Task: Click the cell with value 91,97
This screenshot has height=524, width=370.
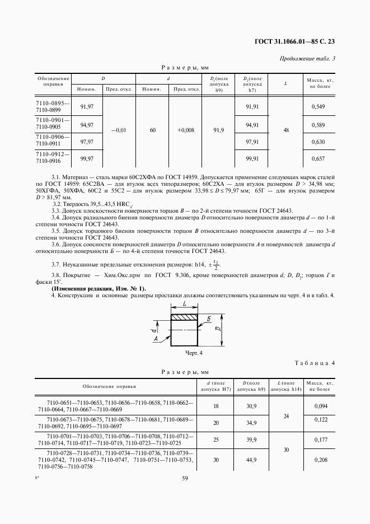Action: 87,106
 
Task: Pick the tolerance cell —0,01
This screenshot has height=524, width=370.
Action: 119,130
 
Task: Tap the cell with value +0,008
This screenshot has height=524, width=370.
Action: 186,130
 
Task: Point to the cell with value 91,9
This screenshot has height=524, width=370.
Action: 219,130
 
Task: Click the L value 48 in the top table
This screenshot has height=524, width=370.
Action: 286,130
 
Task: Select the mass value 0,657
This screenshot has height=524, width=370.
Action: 318,159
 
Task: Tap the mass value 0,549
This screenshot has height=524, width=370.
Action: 318,106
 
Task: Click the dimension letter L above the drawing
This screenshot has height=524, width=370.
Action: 184,304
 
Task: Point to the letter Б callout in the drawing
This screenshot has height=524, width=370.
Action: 208,319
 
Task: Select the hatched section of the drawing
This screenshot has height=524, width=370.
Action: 184,318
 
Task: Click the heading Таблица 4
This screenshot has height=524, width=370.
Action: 315,363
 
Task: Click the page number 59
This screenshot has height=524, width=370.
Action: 185,478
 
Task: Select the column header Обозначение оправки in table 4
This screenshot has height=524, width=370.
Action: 109,386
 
